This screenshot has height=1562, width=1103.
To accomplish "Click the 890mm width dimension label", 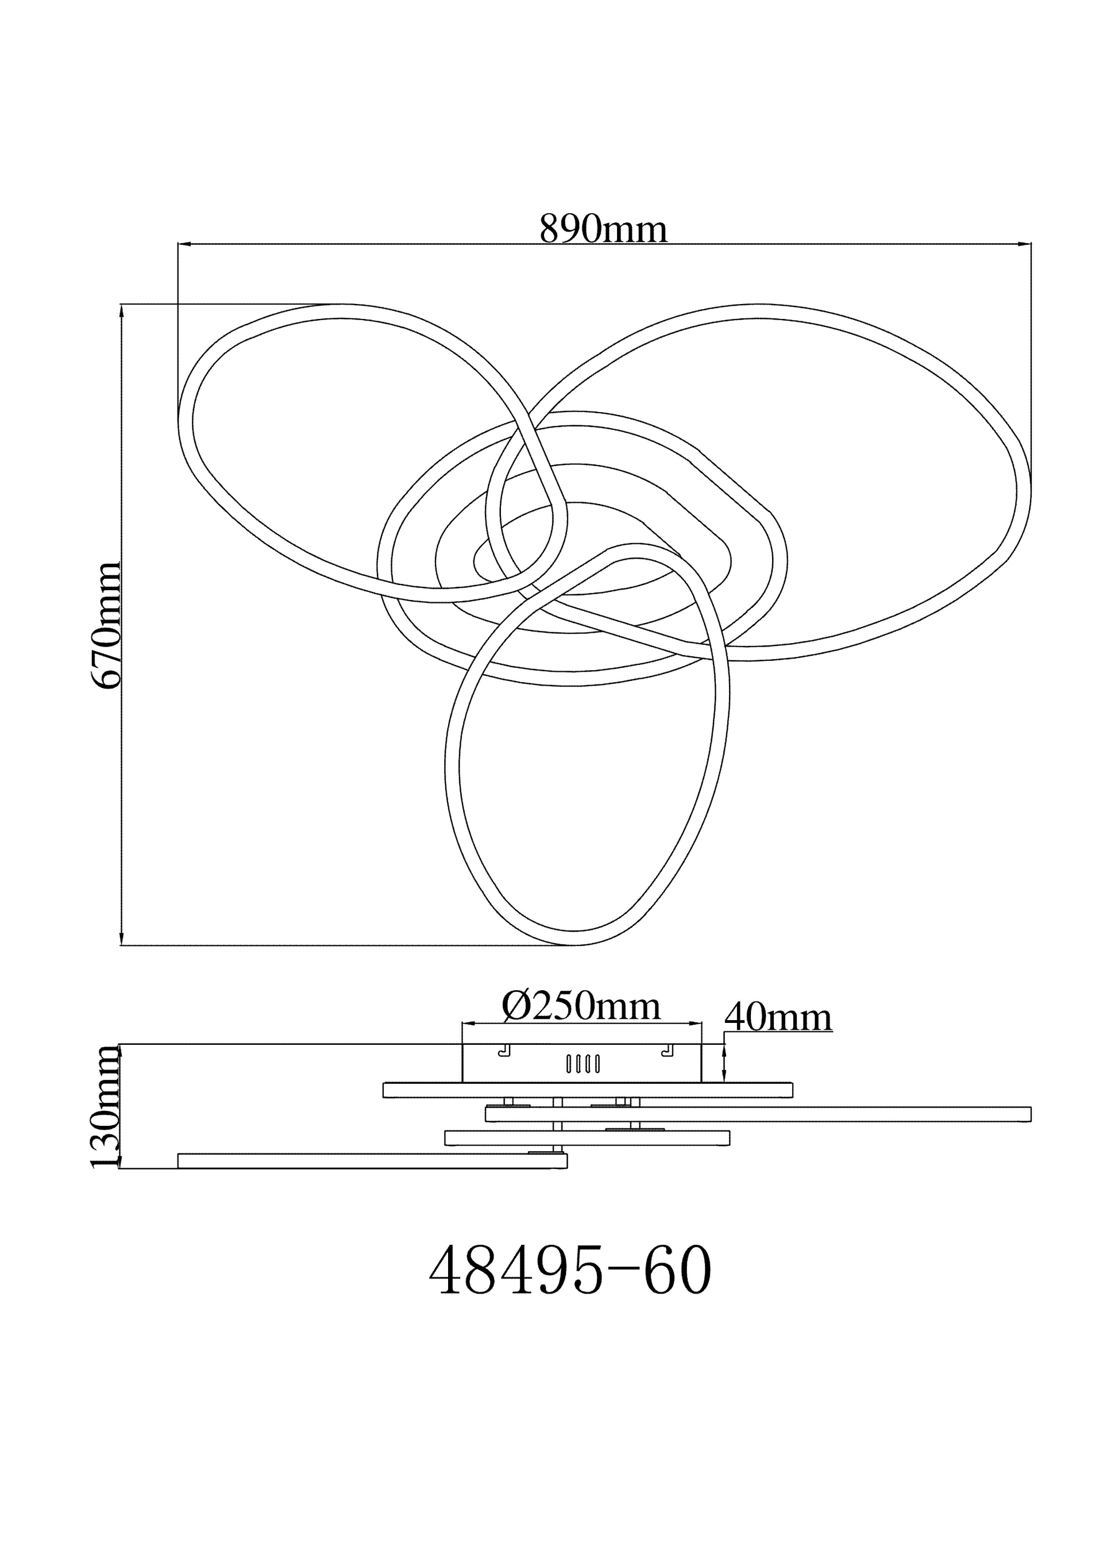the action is coord(603,229).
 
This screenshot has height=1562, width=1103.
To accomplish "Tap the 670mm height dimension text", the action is coord(107,625).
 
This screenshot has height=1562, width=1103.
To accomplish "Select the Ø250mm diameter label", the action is coord(581,1006).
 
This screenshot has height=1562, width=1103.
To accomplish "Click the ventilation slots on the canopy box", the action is coord(583,1064).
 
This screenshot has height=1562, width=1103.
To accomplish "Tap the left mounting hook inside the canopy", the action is coord(504,1051).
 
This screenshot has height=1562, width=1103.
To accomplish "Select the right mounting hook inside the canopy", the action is coord(668,1051).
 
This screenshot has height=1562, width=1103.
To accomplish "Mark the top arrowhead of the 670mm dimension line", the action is coord(122,311).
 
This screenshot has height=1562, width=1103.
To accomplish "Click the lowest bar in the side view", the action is coord(372,1161).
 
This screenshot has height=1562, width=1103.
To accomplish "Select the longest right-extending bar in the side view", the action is coord(758,1114).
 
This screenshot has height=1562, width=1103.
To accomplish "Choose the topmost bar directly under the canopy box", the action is coord(588,1090).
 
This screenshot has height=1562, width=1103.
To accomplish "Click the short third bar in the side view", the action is coord(587,1137).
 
